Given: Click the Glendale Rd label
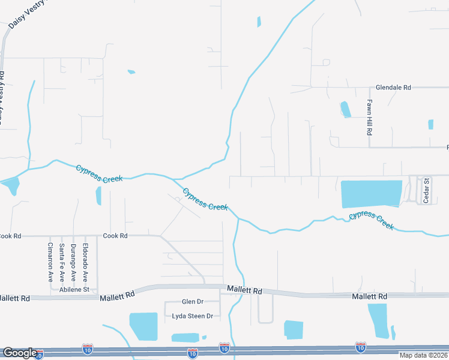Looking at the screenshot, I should [x=393, y=87].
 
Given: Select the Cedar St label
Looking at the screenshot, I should [x=426, y=190].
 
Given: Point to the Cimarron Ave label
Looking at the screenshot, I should [x=50, y=262].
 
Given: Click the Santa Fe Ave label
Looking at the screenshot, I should [x=62, y=262].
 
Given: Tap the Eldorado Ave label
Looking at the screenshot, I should [x=85, y=262].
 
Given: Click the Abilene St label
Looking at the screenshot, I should [x=74, y=289].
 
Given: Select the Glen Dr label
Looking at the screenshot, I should [x=192, y=301].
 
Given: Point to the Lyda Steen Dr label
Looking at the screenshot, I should [x=192, y=316].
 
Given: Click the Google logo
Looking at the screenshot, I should [x=20, y=353].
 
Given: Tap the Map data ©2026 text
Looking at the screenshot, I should [x=423, y=355].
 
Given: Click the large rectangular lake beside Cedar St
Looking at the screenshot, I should [x=371, y=194].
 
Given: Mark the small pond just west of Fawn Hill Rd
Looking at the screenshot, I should [x=346, y=109].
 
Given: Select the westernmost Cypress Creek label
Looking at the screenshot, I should [x=99, y=174].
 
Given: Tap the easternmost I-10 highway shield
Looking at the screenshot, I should [x=360, y=347].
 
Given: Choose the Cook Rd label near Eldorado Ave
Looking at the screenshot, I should [x=115, y=236].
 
